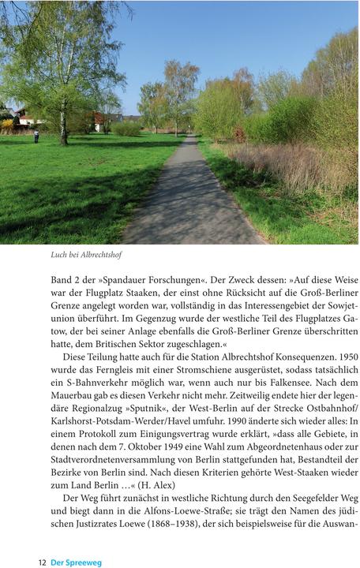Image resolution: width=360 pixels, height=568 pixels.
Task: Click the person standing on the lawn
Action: coord(36,135)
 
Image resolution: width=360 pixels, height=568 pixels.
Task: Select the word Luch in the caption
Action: coord(58,255)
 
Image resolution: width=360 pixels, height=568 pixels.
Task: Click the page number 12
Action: coord(43,562)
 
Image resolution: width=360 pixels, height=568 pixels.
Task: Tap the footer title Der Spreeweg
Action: coord(76,562)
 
